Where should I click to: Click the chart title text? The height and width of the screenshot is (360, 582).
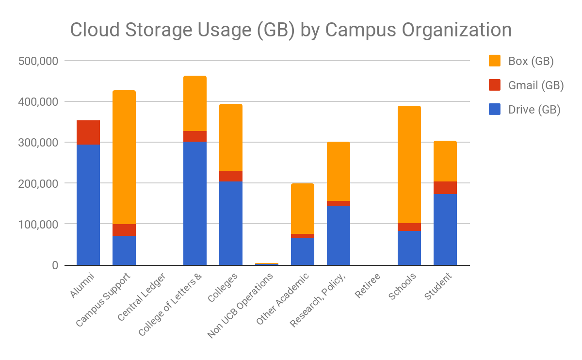(291, 30)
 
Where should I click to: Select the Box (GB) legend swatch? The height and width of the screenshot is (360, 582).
(495, 61)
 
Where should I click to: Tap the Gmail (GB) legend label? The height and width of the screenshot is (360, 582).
(535, 85)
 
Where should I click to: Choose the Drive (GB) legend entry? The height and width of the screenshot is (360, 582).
(534, 110)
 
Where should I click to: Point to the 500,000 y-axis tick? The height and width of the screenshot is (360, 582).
(38, 61)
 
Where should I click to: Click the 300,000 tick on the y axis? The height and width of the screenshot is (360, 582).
(38, 143)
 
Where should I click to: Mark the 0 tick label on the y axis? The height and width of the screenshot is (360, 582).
(54, 265)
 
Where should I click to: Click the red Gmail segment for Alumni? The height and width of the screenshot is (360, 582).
(88, 132)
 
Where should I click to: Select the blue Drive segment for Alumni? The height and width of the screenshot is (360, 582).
(88, 204)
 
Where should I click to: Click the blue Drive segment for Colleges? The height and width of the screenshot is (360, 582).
(231, 223)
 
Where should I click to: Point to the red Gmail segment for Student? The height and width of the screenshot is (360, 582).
(445, 188)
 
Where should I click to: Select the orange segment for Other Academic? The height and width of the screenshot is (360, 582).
(303, 209)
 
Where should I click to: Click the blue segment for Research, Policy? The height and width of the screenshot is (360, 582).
(339, 235)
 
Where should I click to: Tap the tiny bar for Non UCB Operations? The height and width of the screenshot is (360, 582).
(267, 264)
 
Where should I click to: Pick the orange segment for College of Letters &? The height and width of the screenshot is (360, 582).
(195, 103)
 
